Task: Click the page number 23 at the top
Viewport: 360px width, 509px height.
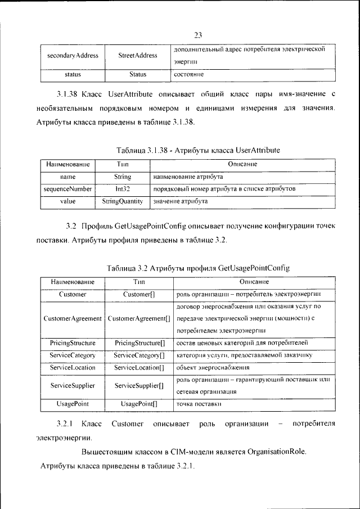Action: [197, 35]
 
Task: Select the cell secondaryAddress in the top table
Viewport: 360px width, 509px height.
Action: [73, 56]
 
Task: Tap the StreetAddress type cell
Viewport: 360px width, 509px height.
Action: [138, 56]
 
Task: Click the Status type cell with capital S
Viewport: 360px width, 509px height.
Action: [138, 74]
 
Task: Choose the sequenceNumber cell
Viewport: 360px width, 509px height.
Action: [67, 189]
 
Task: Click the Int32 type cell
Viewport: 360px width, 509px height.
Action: [123, 189]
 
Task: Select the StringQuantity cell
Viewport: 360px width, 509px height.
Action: [123, 200]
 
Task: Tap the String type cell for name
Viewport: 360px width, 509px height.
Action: [123, 177]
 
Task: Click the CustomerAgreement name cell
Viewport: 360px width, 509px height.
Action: [73, 318]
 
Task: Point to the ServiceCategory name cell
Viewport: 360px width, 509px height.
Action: [73, 355]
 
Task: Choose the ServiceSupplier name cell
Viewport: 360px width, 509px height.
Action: [73, 386]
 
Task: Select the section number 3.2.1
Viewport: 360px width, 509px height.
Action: [65, 423]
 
